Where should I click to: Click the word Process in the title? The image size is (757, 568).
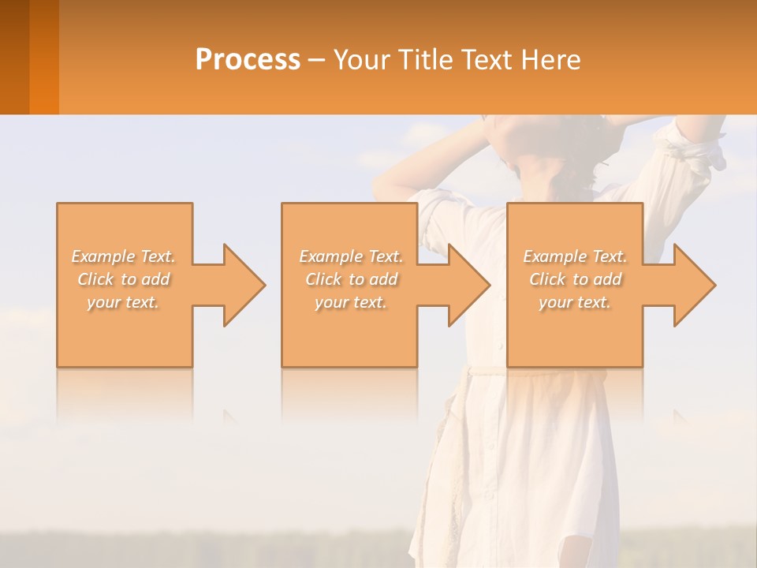(x=248, y=60)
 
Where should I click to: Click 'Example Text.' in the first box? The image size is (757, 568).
(x=124, y=256)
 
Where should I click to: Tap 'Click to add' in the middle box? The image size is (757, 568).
(x=351, y=279)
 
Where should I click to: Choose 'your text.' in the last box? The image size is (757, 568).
(x=575, y=302)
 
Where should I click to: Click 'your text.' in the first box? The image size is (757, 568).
(x=124, y=302)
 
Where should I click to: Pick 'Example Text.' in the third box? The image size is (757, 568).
(x=575, y=256)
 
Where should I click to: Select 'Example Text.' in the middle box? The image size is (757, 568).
(x=351, y=256)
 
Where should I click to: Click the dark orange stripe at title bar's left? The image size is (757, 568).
(x=14, y=57)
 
